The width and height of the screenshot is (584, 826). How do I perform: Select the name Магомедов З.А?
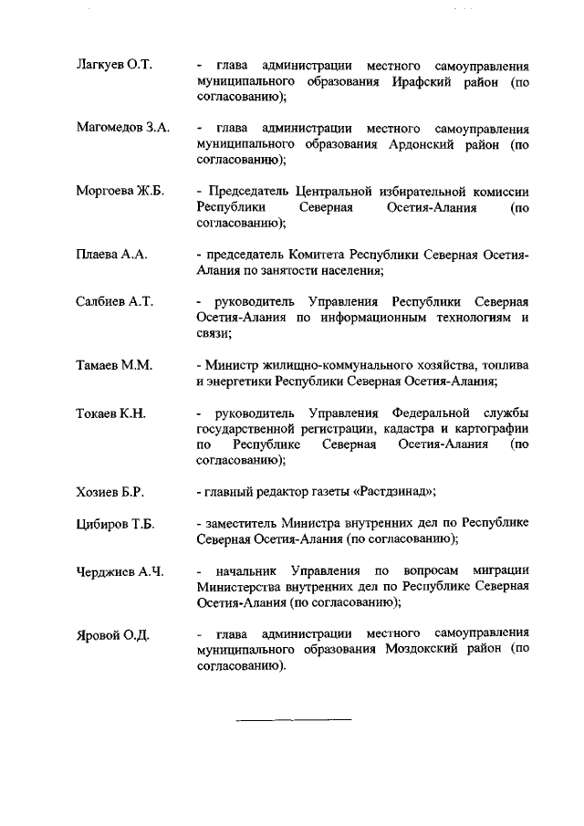point(122,128)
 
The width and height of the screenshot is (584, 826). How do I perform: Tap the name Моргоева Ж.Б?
point(119,191)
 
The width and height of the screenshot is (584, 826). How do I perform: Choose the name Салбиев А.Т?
point(113,301)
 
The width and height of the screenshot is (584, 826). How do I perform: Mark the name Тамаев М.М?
point(113,365)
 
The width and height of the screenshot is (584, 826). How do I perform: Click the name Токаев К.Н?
point(110,413)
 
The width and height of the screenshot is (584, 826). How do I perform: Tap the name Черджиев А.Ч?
point(120,572)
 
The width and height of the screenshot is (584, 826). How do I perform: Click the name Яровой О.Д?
point(112,634)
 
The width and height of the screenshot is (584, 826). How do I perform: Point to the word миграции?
point(500,571)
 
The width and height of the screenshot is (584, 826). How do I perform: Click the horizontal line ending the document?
point(294,720)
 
